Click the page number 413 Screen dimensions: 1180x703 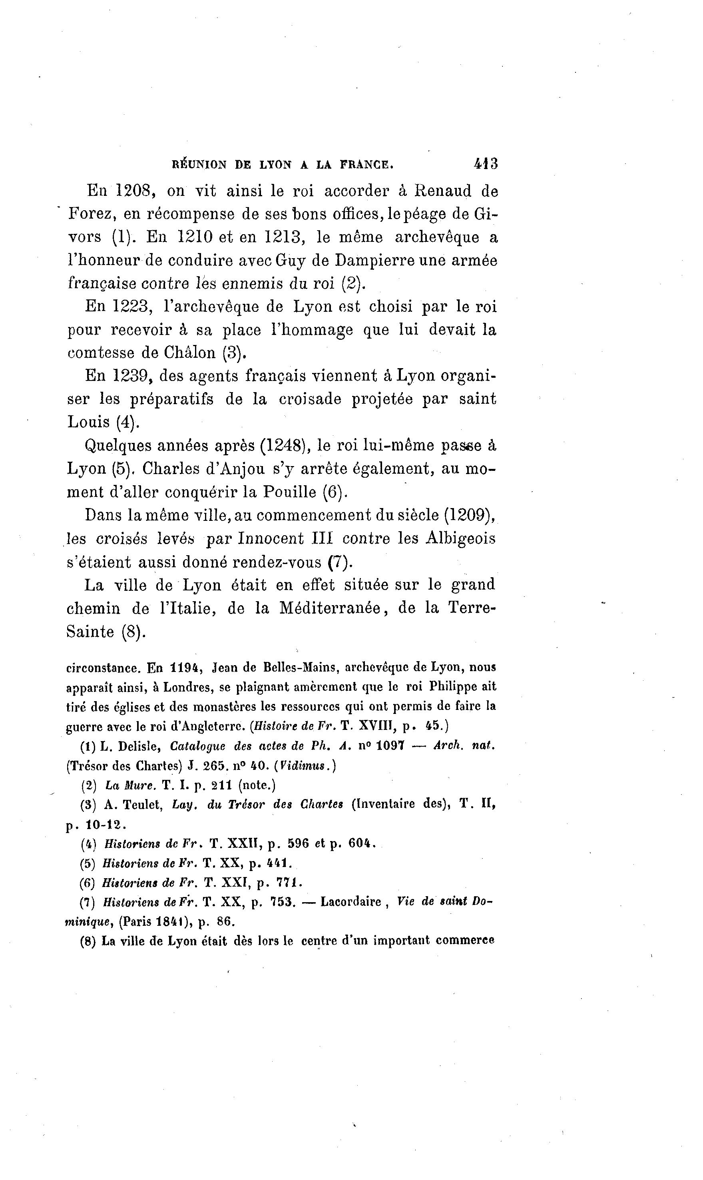pos(486,164)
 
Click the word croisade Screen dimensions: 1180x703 pos(310,399)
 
